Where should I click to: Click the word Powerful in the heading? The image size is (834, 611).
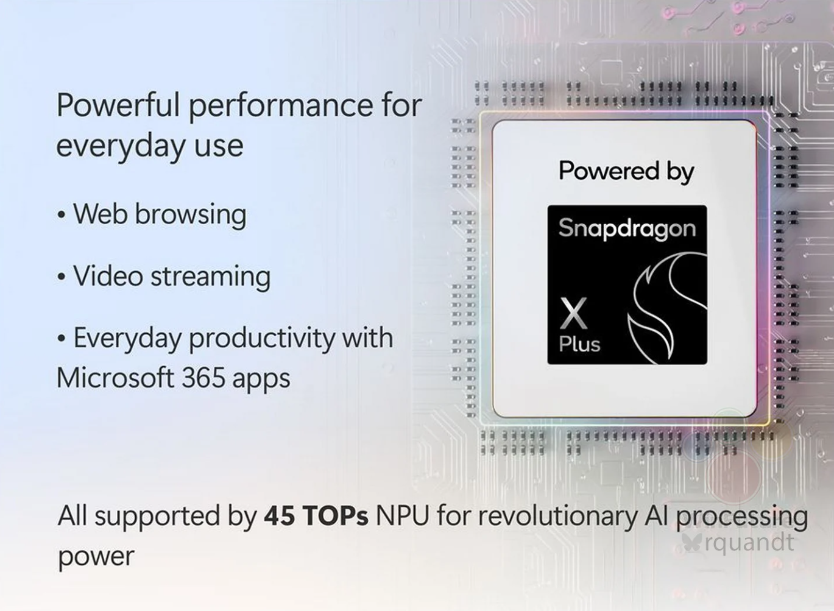point(118,105)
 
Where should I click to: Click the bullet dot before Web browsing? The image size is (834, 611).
point(62,215)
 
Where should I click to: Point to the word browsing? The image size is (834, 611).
point(190,215)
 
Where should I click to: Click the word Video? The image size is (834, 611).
point(108,277)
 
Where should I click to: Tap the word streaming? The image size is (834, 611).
point(210,277)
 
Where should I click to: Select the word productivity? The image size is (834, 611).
point(262,339)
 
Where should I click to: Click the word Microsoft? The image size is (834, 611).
point(115,378)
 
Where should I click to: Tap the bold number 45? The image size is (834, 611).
point(279,516)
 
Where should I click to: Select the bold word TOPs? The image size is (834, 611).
point(336,516)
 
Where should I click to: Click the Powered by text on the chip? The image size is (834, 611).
point(627,172)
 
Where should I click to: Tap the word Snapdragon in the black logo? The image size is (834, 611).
point(627,229)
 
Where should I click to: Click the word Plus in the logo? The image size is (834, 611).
point(579,344)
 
